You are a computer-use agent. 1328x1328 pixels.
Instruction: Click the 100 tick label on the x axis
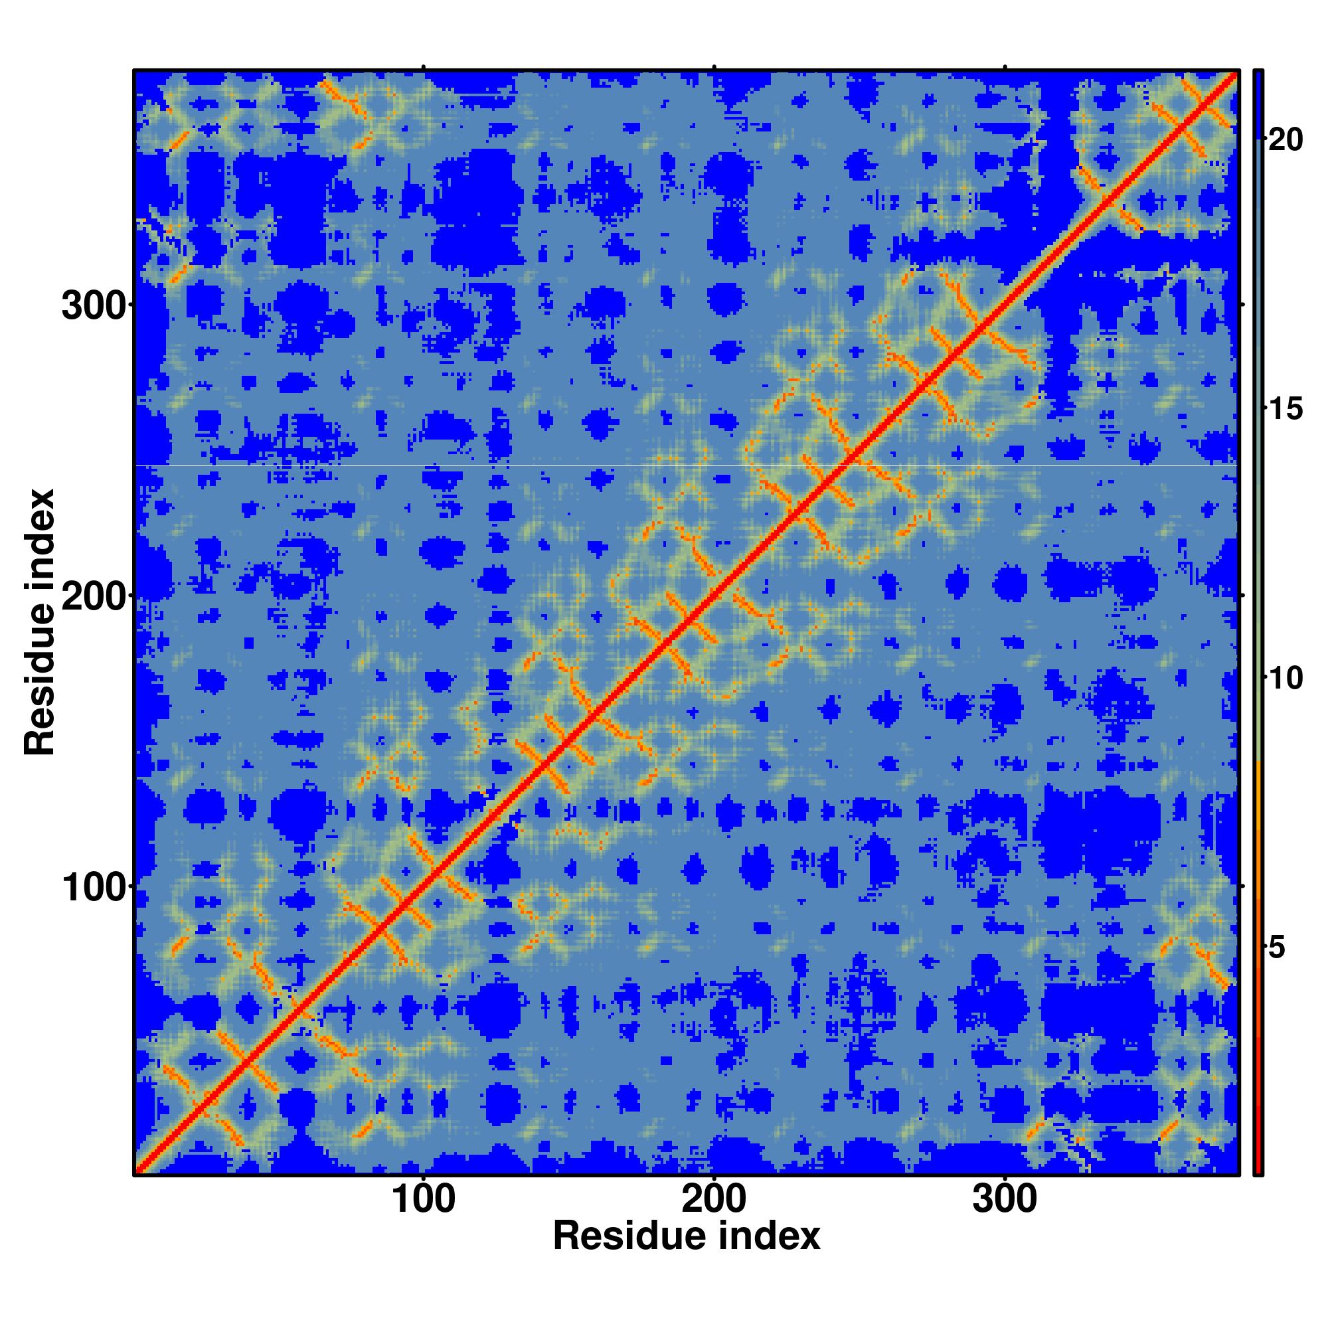[424, 1200]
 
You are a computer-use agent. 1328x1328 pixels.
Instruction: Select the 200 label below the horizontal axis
[714, 1200]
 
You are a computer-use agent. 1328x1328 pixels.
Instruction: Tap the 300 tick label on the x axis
[1005, 1200]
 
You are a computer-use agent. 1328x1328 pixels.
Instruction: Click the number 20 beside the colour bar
[1286, 140]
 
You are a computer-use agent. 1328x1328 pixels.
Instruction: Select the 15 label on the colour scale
[1286, 410]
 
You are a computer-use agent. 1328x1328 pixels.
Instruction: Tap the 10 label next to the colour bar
[1286, 679]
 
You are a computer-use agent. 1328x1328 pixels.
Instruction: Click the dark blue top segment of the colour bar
[1258, 103]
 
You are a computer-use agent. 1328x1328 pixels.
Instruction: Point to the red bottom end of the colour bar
[1258, 1169]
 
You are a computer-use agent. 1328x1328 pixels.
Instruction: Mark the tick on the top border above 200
[714, 67]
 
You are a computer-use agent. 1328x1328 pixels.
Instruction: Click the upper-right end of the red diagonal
[1235, 74]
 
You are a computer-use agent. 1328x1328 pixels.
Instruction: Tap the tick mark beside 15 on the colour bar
[1266, 410]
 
